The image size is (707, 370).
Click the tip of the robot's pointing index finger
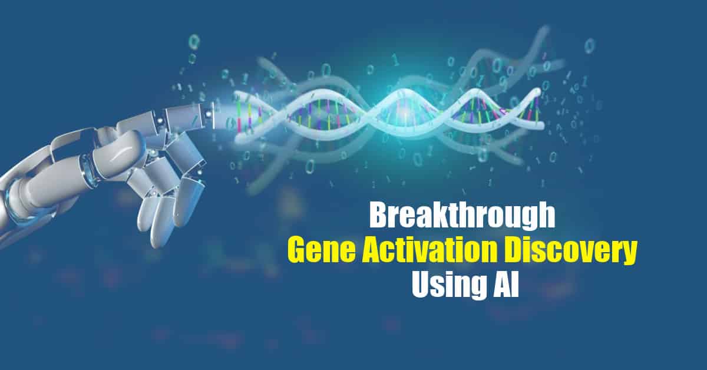click(x=216, y=114)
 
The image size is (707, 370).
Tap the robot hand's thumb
click(x=120, y=151)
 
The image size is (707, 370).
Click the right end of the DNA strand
click(x=542, y=125)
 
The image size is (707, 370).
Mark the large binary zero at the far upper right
click(x=589, y=46)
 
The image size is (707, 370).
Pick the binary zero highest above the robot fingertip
click(x=194, y=42)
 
